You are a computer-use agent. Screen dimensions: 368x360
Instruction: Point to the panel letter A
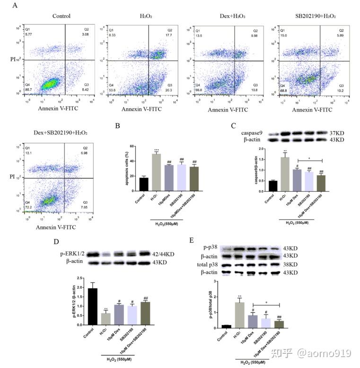click(16, 5)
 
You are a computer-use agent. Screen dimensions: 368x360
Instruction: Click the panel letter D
click(55, 242)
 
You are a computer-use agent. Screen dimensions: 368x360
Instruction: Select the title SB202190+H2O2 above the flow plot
click(316, 16)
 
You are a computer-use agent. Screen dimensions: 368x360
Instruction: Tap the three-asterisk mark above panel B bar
click(157, 149)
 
